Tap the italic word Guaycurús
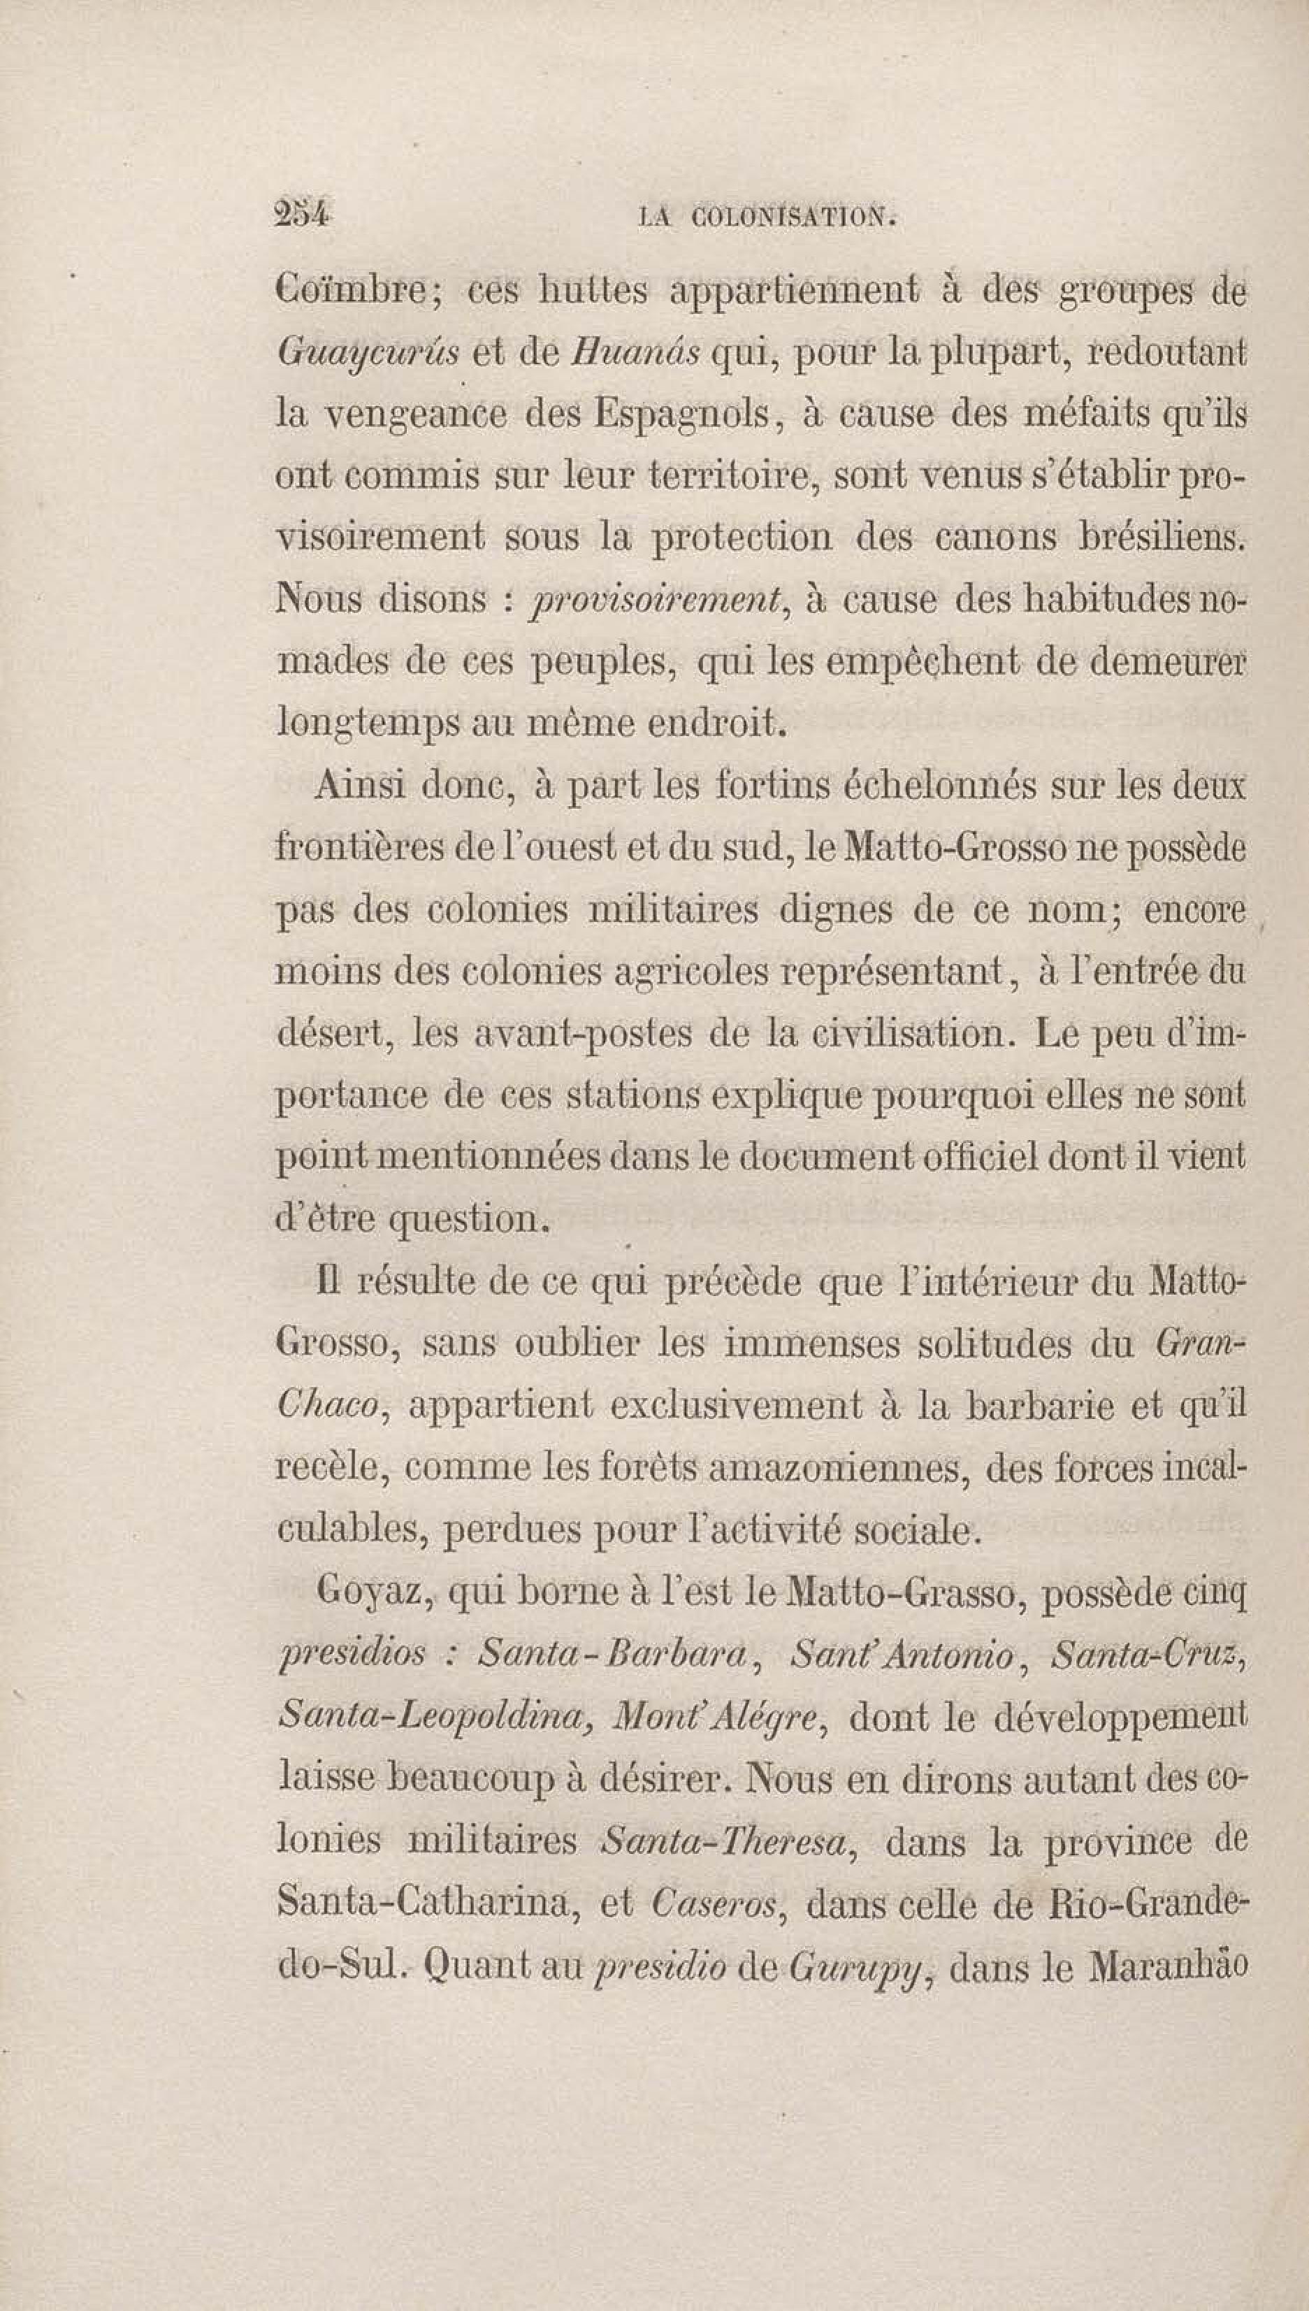(x=368, y=354)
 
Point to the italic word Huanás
(x=635, y=351)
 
